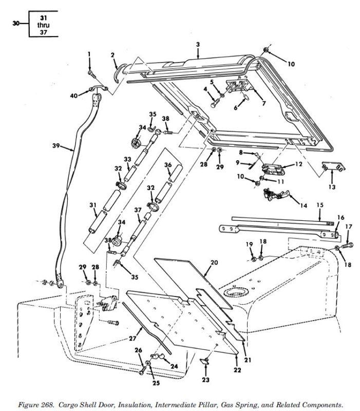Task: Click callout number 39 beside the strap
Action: pyautogui.click(x=56, y=145)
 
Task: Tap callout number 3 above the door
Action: pyautogui.click(x=198, y=45)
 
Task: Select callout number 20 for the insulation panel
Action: pyautogui.click(x=214, y=263)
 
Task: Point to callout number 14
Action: pyautogui.click(x=304, y=206)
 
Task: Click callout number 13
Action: pyautogui.click(x=332, y=187)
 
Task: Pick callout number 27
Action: pyautogui.click(x=132, y=339)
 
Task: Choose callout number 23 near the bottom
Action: pyautogui.click(x=205, y=379)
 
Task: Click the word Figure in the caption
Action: pyautogui.click(x=28, y=405)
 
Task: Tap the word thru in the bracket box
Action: pyautogui.click(x=43, y=25)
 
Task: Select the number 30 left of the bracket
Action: pyautogui.click(x=16, y=23)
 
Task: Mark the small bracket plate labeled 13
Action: pyautogui.click(x=333, y=166)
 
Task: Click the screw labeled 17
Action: pyautogui.click(x=347, y=246)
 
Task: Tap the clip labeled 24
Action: pyautogui.click(x=157, y=356)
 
